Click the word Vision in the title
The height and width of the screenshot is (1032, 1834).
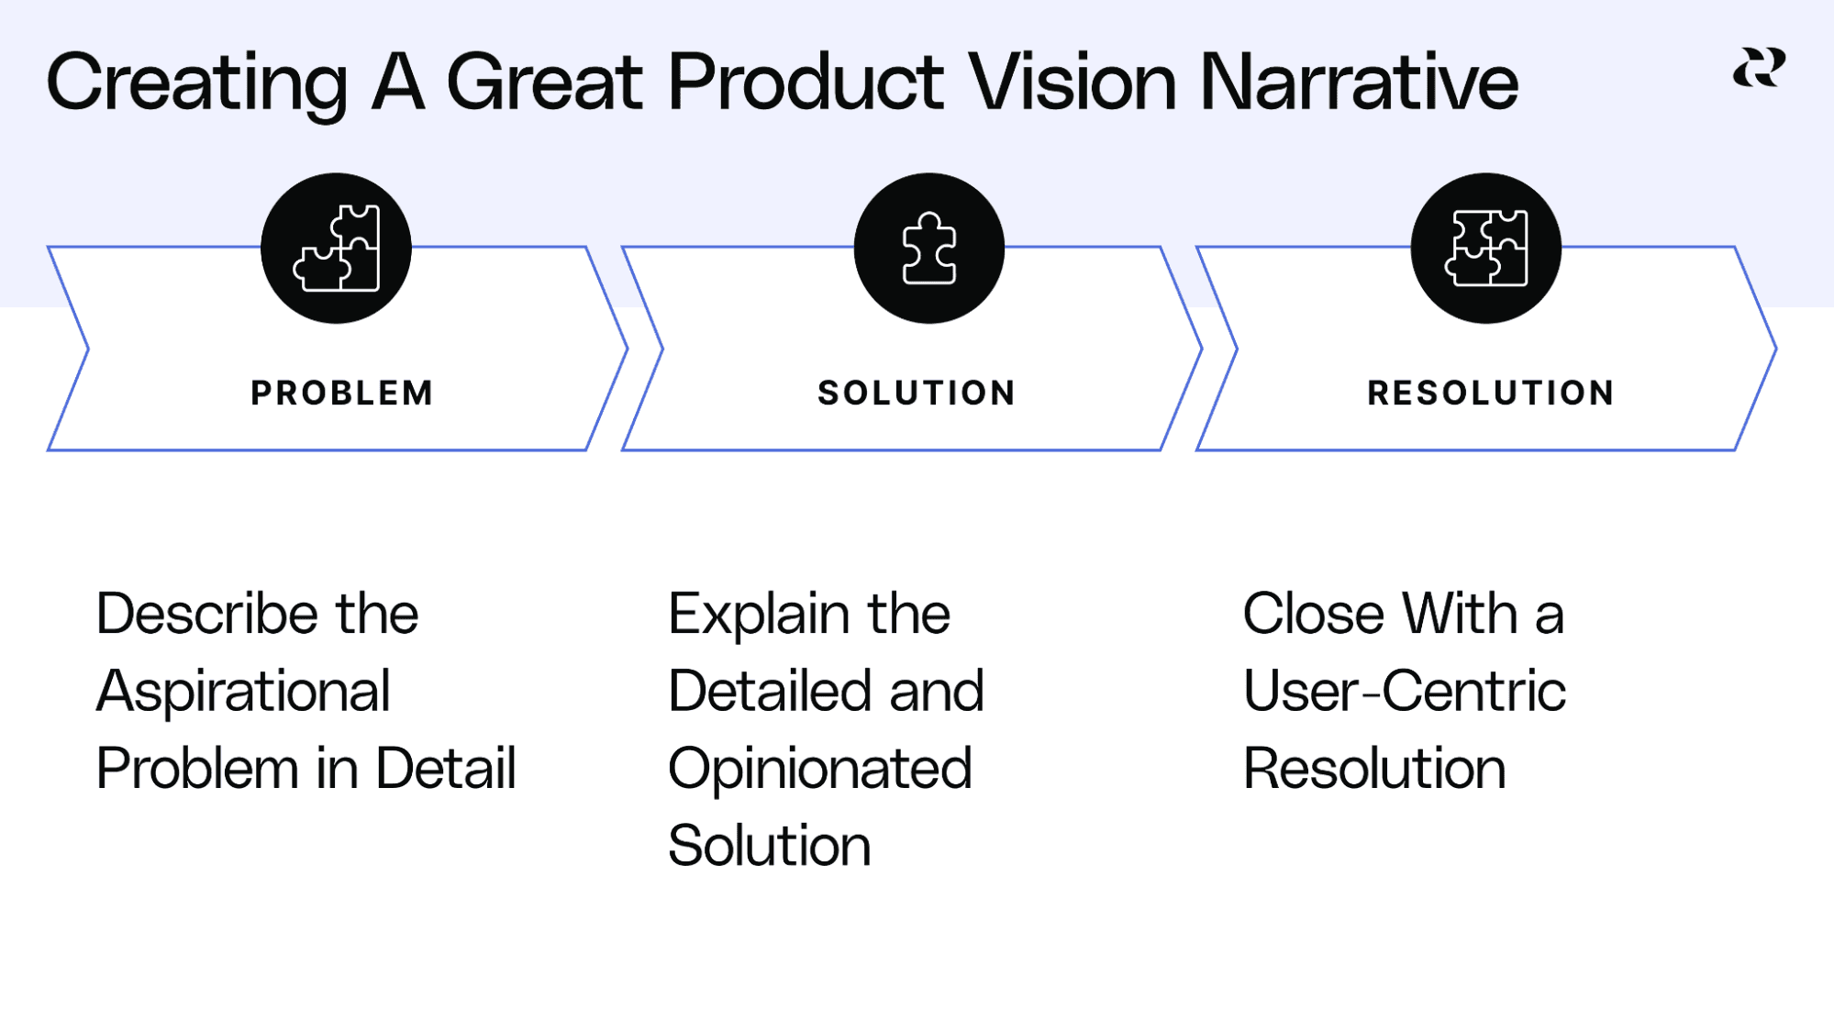coord(1072,83)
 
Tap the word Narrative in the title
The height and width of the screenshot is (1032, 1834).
coord(1358,83)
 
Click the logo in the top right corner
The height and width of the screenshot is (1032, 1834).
coord(1759,69)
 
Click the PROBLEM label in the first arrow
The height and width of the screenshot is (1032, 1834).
coord(342,393)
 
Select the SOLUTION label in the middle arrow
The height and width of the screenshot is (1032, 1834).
coord(917,393)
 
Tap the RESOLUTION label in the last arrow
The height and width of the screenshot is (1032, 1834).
coord(1491,393)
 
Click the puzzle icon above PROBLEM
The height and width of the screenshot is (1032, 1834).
coord(336,248)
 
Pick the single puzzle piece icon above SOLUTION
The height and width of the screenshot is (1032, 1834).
coord(928,248)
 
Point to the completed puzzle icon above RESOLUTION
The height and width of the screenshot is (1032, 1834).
coord(1485,248)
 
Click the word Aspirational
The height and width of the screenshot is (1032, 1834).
coord(243,692)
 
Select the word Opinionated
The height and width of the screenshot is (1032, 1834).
coord(819,769)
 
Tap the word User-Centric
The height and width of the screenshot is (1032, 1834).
coord(1404,691)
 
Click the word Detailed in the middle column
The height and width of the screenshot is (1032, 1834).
coord(769,691)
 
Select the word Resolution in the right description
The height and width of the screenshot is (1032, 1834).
coord(1374,768)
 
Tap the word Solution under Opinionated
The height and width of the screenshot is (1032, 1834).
coord(769,845)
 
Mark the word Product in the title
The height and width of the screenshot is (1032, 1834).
coord(806,83)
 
